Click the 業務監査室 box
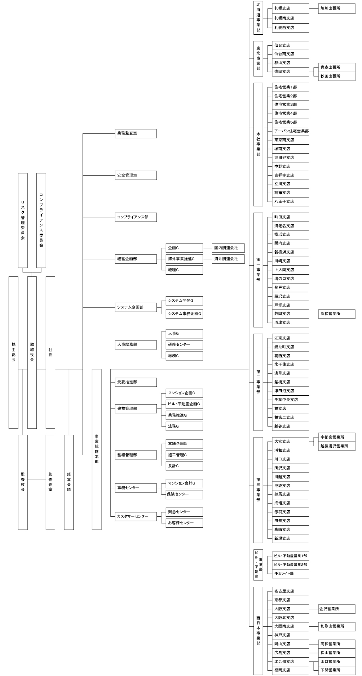click(136, 133)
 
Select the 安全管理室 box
click(136, 175)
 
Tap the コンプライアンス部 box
click(136, 217)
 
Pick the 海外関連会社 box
click(228, 259)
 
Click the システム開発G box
click(184, 301)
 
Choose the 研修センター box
click(184, 344)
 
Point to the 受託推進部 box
click(136, 382)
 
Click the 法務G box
click(184, 426)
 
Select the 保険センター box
click(184, 494)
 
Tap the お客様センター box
click(184, 523)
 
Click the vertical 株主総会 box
click(13, 352)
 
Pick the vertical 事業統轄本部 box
click(97, 449)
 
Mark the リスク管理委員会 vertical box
click(23, 220)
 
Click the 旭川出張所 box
click(337, 8)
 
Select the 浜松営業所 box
click(337, 314)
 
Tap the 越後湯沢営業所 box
click(337, 446)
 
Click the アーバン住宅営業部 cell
click(291, 131)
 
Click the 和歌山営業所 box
click(337, 626)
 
